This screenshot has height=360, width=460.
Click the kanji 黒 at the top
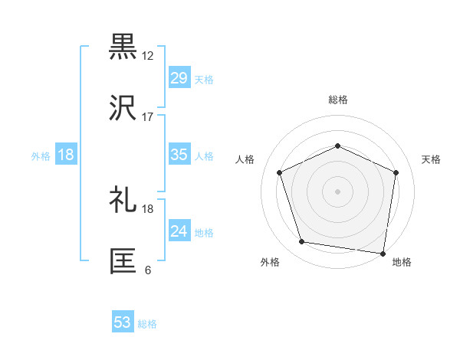click(123, 47)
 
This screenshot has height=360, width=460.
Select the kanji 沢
click(123, 108)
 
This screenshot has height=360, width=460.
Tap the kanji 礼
click(123, 200)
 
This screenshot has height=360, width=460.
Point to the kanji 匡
click(123, 260)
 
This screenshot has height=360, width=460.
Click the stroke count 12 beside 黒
click(148, 56)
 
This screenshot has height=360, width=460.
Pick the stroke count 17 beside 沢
click(148, 117)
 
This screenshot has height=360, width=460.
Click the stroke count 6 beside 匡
click(148, 270)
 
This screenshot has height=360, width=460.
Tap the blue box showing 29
click(179, 78)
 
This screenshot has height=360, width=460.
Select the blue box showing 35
click(179, 155)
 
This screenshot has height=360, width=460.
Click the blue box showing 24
click(179, 231)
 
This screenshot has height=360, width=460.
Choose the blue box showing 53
click(123, 322)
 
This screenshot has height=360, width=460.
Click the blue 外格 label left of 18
click(41, 155)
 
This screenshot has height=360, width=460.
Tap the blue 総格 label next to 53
click(147, 323)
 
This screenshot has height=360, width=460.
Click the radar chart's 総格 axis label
click(338, 100)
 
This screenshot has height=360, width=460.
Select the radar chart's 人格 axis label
click(245, 159)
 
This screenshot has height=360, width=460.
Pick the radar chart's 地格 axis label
click(402, 262)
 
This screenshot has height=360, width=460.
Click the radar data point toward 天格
click(396, 172)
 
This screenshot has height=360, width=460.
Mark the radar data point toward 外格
click(302, 242)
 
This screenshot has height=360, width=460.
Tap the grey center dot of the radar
click(338, 191)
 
